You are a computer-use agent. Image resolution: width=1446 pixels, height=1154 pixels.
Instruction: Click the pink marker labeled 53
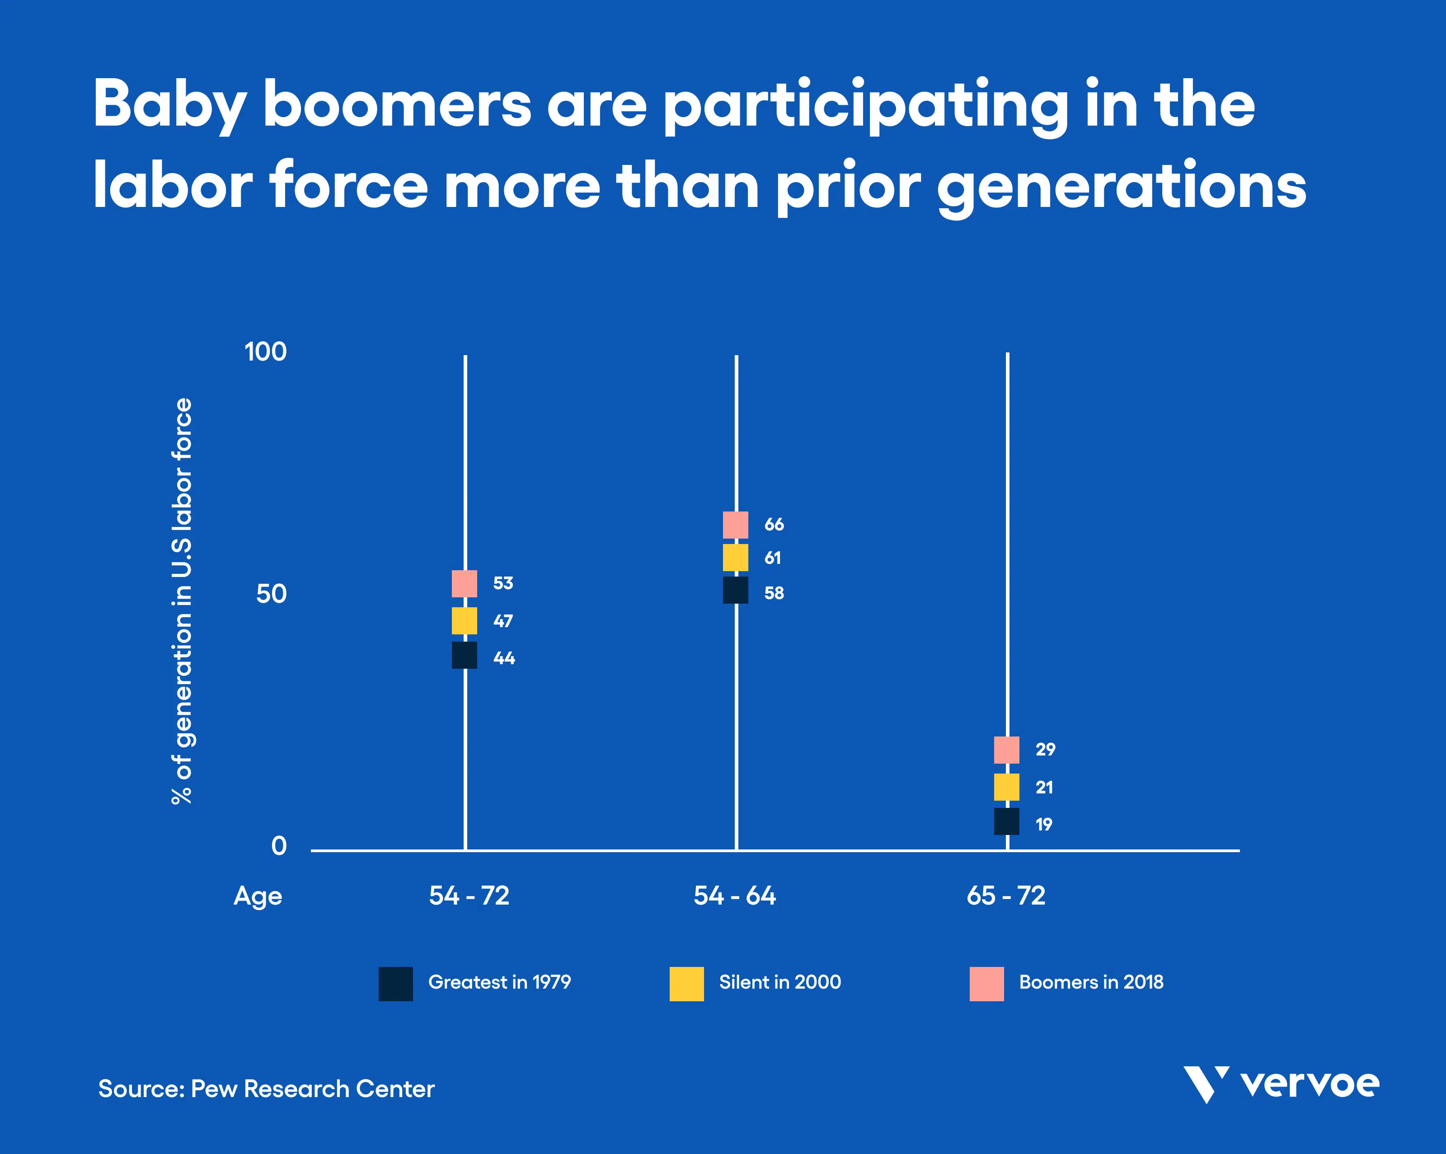click(x=464, y=583)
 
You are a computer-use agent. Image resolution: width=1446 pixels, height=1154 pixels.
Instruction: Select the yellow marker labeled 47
click(x=464, y=621)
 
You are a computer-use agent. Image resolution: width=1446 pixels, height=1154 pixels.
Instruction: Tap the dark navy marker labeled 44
click(x=464, y=655)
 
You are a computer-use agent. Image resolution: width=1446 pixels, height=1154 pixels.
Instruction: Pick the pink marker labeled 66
click(x=735, y=525)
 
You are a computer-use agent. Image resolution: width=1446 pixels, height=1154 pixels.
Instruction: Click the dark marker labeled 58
click(x=735, y=590)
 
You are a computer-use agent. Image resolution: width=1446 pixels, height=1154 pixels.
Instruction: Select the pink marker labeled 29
click(x=1006, y=750)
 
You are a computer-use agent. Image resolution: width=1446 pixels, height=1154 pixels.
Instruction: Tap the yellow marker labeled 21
click(x=1006, y=787)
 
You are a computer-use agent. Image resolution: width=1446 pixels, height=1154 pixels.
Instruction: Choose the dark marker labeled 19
click(x=1006, y=821)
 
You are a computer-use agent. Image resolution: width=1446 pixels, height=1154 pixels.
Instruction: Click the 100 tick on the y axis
click(x=266, y=352)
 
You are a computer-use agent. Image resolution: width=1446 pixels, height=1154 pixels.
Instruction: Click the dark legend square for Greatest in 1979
click(x=396, y=984)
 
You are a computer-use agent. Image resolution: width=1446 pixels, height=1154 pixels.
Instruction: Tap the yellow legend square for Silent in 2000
click(x=687, y=984)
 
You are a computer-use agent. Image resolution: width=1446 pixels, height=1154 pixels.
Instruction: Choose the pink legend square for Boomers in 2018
click(x=986, y=984)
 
